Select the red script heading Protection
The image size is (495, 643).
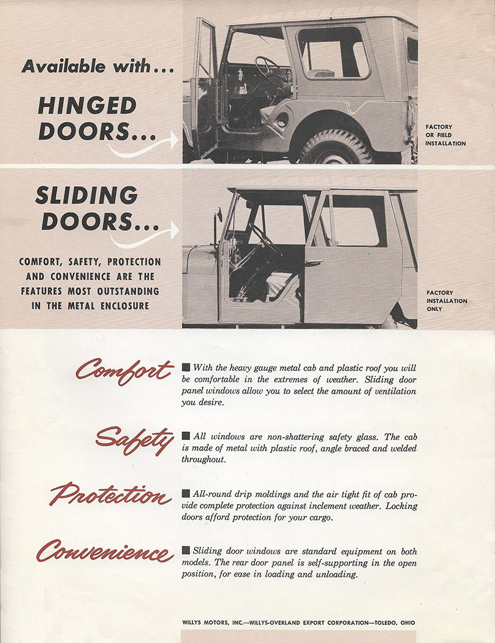[111, 495]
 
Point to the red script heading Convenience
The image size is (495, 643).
[105, 550]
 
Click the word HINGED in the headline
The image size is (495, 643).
[87, 106]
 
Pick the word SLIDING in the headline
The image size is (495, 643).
[86, 196]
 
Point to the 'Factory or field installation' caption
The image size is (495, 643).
[445, 135]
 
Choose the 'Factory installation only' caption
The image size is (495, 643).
[446, 301]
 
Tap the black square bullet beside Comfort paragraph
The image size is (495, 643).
[186, 368]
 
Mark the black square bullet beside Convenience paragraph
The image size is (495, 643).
[186, 551]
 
